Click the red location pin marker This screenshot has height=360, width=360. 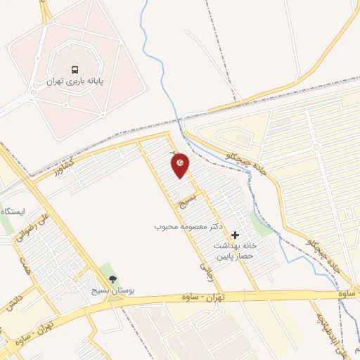[181, 165]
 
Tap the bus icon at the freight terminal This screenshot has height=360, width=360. [74, 70]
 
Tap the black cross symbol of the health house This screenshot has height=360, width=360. [236, 235]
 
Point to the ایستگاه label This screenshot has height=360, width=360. [13, 212]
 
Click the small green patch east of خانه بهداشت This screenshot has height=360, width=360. [262, 226]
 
